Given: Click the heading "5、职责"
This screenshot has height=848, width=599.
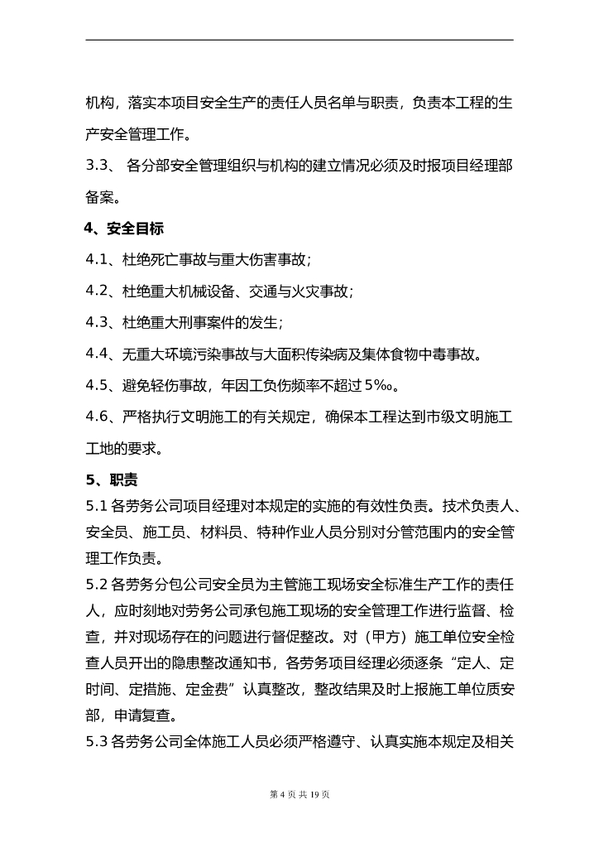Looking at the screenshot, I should coord(112,479).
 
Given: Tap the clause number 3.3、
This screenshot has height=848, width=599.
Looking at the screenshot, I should coord(103,166).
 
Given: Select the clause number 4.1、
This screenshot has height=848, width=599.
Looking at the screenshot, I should coord(103,260).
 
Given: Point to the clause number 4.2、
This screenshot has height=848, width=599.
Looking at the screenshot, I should coord(103,291).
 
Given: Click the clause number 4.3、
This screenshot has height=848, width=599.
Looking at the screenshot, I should coord(103,323).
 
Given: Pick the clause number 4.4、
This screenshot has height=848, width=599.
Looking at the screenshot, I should coord(103,354).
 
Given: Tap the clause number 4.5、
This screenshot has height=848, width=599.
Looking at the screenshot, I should coord(103,386).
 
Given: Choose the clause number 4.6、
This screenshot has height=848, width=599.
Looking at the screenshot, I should coord(103,417).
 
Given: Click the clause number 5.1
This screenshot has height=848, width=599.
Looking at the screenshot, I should coord(97,505).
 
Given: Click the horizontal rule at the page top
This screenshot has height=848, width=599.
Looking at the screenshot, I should coord(299,40).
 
